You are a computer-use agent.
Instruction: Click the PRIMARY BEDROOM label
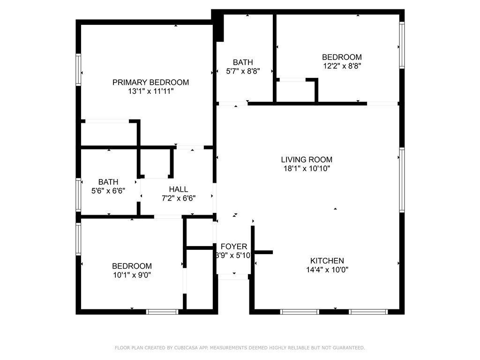point(150,82)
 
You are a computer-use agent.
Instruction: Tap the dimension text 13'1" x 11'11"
point(150,91)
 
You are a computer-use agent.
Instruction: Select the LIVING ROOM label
point(307,160)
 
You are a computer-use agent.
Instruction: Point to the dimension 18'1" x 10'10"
point(307,169)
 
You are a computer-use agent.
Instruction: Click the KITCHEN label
point(327,261)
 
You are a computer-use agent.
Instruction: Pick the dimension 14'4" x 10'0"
point(327,270)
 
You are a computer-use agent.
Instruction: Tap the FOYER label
point(233,247)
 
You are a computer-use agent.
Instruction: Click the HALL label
point(179,189)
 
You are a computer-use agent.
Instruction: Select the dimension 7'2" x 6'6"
point(179,198)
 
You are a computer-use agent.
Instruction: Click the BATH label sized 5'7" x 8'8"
point(243,62)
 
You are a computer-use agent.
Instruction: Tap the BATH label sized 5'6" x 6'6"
point(108,182)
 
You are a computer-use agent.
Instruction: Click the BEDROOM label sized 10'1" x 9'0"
point(132,266)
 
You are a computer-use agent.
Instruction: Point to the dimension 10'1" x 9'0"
point(132,275)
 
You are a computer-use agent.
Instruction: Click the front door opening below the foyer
point(233,277)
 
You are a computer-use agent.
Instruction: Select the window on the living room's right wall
point(402,180)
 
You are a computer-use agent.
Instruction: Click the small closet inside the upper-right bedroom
point(296,91)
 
